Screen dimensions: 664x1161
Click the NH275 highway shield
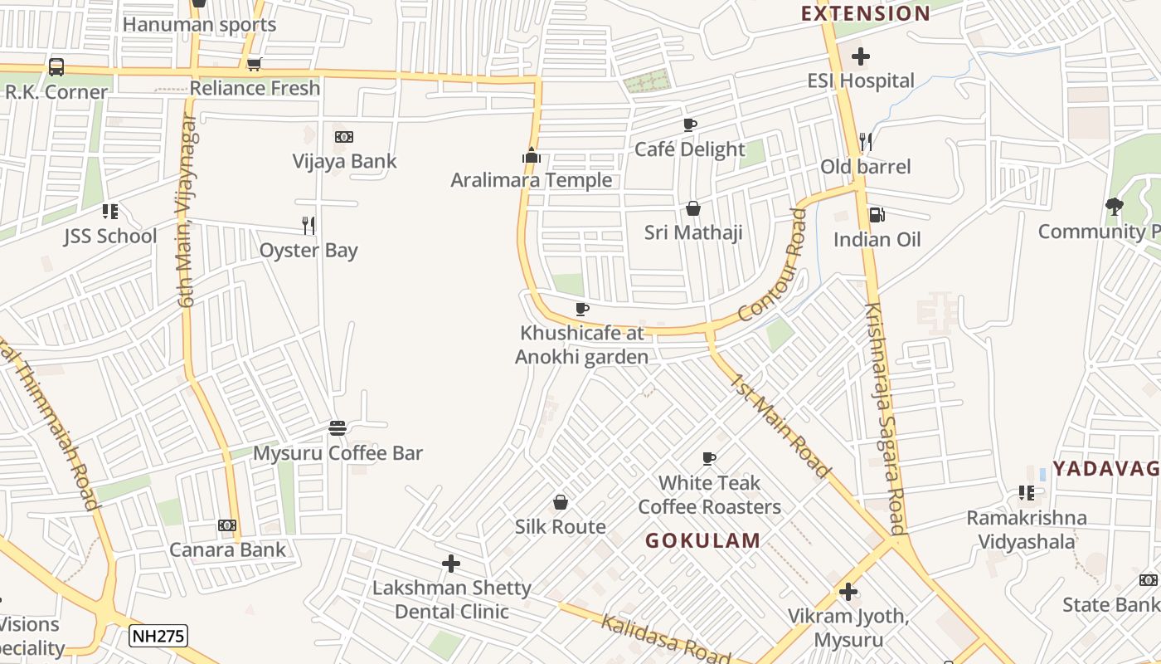point(158,637)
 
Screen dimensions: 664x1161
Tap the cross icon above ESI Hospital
point(861,56)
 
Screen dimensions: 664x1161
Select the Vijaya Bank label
point(344,161)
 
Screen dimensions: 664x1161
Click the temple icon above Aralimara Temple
point(532,155)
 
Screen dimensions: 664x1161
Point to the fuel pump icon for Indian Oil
point(876,215)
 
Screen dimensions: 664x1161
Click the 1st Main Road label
point(780,426)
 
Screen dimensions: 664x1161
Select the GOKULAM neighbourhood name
point(702,540)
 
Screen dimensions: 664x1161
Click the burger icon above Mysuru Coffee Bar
point(338,428)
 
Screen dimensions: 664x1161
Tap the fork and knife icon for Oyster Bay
point(308,225)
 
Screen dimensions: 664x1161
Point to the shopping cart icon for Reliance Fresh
point(255,64)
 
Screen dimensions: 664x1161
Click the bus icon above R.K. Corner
point(56,67)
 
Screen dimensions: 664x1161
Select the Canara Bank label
point(227,549)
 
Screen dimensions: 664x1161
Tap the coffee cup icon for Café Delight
point(689,125)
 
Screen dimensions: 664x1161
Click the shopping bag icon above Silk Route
point(561,502)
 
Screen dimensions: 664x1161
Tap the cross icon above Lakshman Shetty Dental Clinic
point(451,564)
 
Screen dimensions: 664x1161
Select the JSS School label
point(110,236)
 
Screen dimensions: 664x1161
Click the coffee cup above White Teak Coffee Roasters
point(709,458)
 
